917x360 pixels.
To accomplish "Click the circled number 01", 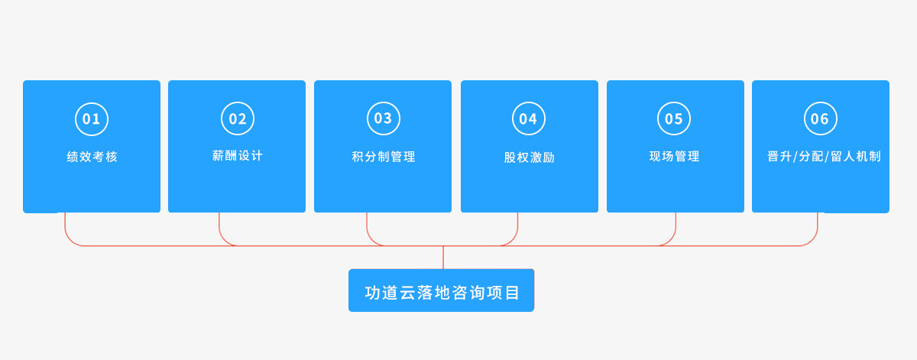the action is point(92,119).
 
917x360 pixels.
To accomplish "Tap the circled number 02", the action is point(238,118).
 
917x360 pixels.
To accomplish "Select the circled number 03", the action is point(384,118).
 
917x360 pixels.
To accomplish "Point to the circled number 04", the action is point(529,118).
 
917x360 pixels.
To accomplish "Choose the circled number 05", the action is point(674,118).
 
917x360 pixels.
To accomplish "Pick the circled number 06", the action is point(821,118).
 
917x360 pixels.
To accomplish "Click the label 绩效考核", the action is point(92,157).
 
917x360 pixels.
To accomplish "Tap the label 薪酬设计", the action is point(238,156).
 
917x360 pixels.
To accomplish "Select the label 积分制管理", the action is point(384,157).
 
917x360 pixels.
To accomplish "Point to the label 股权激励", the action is point(530,157).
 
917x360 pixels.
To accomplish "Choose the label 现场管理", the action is point(674,156).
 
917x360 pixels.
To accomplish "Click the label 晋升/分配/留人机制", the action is point(824,157).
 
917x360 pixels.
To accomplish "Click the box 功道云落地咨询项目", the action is point(442,290).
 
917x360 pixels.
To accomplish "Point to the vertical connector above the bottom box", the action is point(443,258).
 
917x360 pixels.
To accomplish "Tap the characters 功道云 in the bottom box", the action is point(389,293).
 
